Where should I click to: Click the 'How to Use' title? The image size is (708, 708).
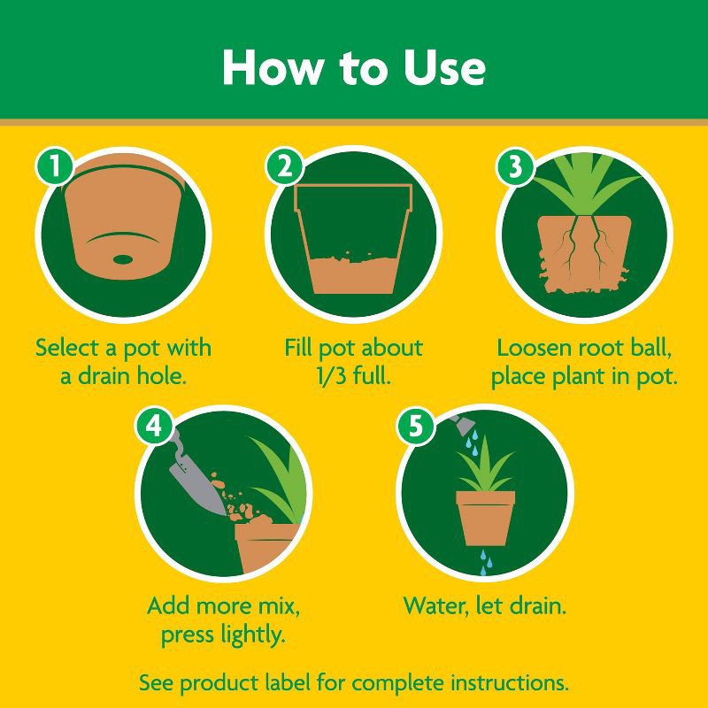coord(353,66)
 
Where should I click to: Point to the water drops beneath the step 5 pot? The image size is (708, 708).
coord(485,561)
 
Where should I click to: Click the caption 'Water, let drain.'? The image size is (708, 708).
coord(485,607)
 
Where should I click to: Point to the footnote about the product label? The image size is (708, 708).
coord(354,683)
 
